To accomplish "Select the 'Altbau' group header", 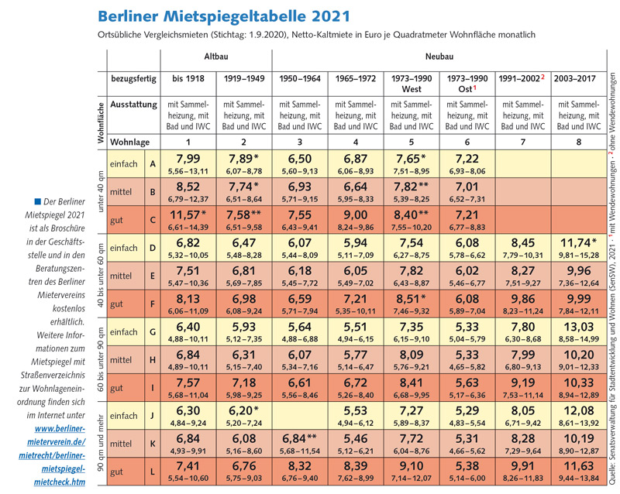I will click(215, 57).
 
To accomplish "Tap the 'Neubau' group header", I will click(439, 57).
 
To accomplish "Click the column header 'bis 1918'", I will click(188, 80).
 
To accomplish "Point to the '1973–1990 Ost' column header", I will click(467, 84).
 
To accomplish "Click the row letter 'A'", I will click(152, 163).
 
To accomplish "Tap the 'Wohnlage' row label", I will click(130, 142).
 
